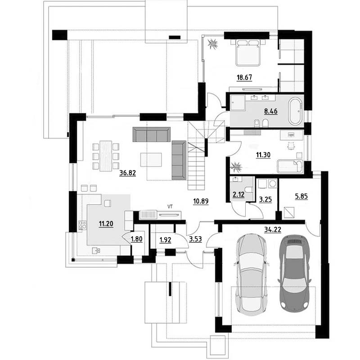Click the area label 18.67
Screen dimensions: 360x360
coord(244,77)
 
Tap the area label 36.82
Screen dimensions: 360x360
coord(128,173)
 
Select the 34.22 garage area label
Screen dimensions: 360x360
coord(273,229)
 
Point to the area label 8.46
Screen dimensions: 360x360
coord(271,111)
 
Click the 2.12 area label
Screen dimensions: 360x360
coord(238,195)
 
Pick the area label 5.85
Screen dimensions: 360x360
coord(301,196)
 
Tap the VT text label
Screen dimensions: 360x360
coord(170,207)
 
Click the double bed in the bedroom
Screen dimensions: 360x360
coord(248,53)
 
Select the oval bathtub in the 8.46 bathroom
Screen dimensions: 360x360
coord(295,112)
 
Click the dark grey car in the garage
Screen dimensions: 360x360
coord(294,273)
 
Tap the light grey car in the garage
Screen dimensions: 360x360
coord(252,274)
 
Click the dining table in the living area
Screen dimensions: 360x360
coord(106,156)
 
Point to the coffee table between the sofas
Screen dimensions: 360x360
coord(151,160)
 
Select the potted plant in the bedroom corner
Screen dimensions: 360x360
coord(213,44)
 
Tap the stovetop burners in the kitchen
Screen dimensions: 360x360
coord(82,225)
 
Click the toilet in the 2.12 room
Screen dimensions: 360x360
coord(249,189)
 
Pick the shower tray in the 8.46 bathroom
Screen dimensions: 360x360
coord(238,103)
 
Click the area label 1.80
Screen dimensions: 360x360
coord(137,239)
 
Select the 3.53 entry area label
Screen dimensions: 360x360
coord(195,239)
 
